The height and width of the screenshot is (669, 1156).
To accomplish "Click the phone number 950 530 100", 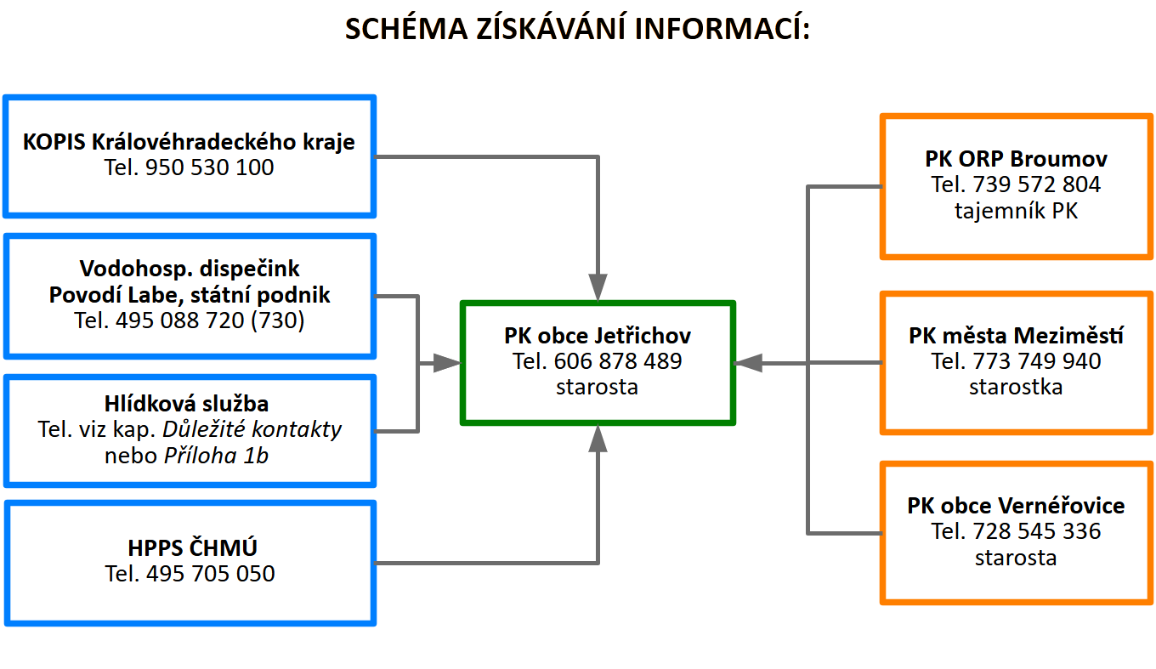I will (210, 167).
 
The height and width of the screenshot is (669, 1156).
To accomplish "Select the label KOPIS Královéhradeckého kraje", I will (189, 141).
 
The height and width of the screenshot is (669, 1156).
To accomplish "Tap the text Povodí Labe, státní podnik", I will (190, 295).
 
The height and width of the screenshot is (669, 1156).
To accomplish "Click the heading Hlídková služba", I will (190, 403).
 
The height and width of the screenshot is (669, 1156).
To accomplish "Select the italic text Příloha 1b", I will (216, 456).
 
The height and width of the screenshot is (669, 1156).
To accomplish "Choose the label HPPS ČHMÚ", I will (190, 547).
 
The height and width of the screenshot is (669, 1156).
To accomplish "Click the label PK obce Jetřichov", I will (598, 335).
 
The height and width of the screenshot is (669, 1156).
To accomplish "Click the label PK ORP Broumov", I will (1016, 158).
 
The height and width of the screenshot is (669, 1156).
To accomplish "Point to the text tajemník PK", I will (1016, 211).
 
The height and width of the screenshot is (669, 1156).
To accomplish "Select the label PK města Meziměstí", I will (1016, 335).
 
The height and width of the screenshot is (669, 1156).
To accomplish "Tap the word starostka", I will (1016, 388).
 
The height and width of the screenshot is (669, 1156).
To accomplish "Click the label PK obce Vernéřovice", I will (1016, 506).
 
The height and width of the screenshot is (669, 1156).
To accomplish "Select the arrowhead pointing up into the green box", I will (598, 439).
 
